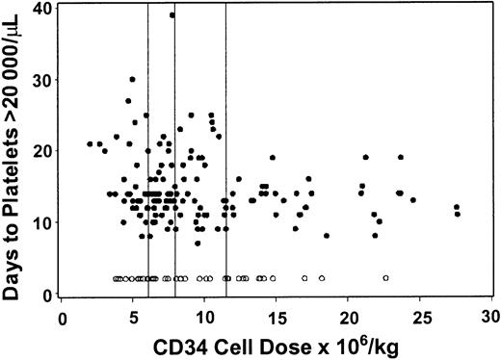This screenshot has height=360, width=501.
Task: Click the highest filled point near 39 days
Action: [172, 14]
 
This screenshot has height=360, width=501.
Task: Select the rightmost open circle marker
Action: [385, 278]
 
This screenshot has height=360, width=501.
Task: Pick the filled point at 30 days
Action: [133, 79]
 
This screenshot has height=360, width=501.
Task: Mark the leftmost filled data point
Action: [90, 143]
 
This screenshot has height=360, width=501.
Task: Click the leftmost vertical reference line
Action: [147, 144]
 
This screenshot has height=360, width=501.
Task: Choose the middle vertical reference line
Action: [174, 144]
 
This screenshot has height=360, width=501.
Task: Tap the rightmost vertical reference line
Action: [225, 144]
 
